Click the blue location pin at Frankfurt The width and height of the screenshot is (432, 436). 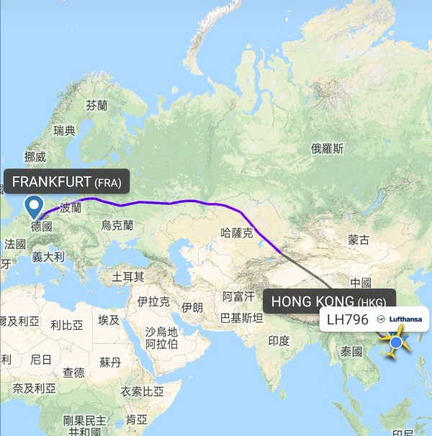point(34,207)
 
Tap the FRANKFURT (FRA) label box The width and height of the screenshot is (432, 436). point(66,181)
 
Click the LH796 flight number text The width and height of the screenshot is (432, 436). point(347,319)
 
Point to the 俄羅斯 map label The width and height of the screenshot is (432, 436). point(327,149)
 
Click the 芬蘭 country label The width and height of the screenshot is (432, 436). point(96,105)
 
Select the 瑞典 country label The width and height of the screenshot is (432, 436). point(64,130)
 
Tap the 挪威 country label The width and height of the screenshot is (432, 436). point(35,156)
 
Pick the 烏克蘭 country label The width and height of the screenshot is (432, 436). point(117,225)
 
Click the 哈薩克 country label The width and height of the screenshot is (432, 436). point(237,232)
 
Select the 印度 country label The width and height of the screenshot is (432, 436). point(278,340)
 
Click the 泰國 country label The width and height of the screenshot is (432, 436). point(351,352)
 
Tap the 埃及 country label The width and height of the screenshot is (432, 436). point(109,319)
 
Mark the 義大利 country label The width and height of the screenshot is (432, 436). point(48,256)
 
